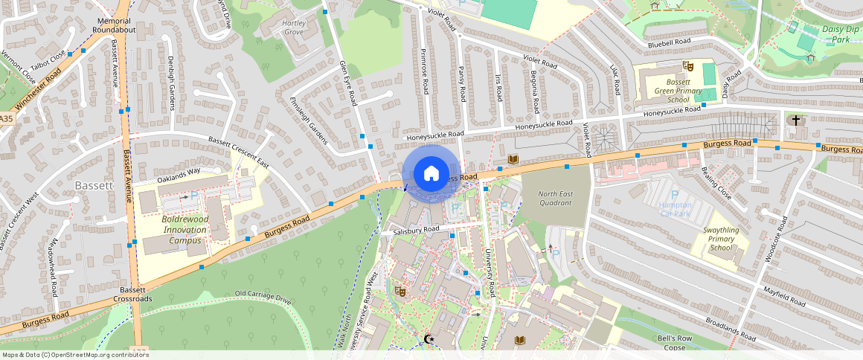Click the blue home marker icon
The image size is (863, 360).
pyautogui.click(x=431, y=174)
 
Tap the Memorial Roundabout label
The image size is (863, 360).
pyautogui.click(x=114, y=25)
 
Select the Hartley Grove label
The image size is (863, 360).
pyautogui.click(x=293, y=28)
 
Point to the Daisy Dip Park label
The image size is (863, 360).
pyautogui.click(x=841, y=34)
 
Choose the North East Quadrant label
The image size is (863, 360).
pyautogui.click(x=556, y=198)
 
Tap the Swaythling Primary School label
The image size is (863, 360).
pyautogui.click(x=721, y=240)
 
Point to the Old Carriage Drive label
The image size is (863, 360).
pyautogui.click(x=263, y=296)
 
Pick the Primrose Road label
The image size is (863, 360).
pyautogui.click(x=424, y=71)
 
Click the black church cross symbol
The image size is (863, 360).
pyautogui.click(x=795, y=120)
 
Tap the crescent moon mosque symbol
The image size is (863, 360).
pyautogui.click(x=428, y=339)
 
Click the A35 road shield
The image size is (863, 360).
pyautogui.click(x=6, y=119)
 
